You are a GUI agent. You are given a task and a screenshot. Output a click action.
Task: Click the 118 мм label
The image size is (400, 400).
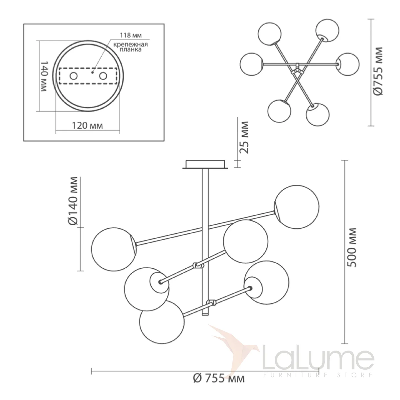(131, 35)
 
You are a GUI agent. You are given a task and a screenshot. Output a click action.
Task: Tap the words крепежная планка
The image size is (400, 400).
(131, 47)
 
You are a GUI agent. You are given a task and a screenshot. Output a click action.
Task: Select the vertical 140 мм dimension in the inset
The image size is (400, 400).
(44, 76)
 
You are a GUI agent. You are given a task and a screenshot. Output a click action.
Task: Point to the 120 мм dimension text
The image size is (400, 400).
(87, 126)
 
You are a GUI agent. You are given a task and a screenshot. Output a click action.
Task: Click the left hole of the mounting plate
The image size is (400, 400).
(74, 76)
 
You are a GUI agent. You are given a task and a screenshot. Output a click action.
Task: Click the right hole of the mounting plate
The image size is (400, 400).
(103, 76)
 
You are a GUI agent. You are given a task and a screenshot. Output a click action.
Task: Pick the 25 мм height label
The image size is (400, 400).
(244, 137)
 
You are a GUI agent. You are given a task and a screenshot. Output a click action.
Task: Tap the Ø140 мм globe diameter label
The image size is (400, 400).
(73, 201)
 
